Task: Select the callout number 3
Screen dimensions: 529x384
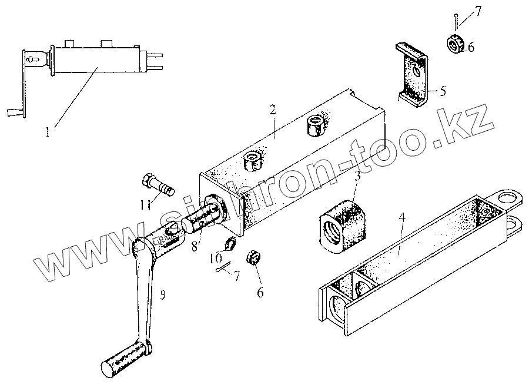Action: (x=356, y=175)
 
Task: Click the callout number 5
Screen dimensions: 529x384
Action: (x=442, y=91)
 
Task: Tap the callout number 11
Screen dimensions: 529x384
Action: (x=144, y=204)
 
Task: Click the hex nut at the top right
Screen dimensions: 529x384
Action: (x=456, y=44)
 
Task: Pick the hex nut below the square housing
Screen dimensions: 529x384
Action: (x=255, y=257)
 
